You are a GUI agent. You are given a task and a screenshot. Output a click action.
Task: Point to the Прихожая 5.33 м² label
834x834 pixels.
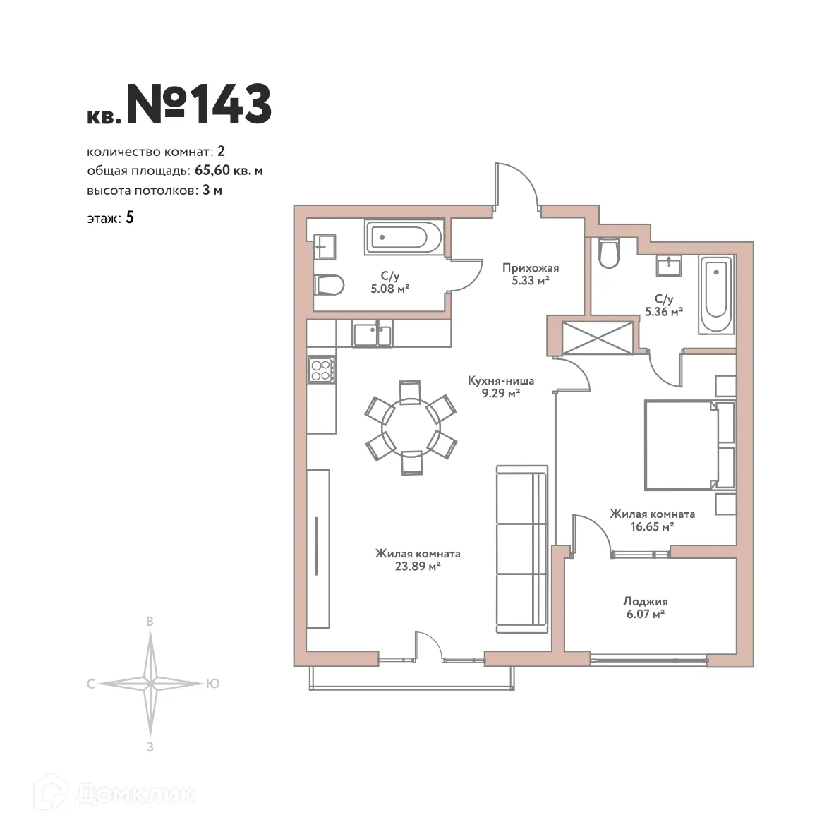(531, 274)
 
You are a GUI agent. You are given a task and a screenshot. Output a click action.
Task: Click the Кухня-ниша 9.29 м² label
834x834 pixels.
(501, 387)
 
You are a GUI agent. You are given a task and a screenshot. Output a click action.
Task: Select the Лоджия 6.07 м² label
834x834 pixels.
(645, 608)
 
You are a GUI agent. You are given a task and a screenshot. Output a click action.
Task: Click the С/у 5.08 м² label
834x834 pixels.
(389, 282)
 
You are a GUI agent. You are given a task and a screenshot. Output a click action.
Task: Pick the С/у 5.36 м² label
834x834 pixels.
(663, 305)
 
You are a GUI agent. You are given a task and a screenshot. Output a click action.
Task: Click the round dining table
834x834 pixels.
(411, 428)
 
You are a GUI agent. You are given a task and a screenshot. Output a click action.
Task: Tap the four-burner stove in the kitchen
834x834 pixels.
(322, 370)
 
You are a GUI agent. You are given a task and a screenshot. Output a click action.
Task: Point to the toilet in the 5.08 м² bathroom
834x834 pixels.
(328, 286)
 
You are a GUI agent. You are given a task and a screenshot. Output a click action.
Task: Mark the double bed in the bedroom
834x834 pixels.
(681, 445)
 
